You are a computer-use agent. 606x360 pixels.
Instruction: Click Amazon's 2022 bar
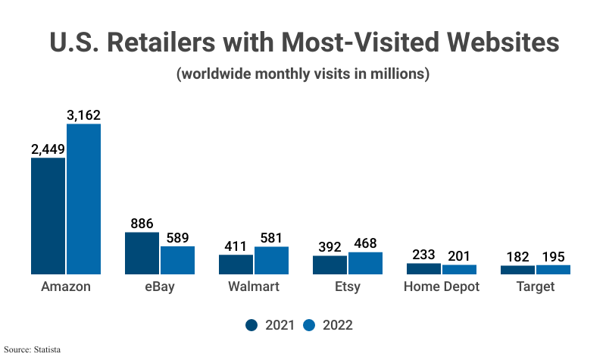(x=83, y=199)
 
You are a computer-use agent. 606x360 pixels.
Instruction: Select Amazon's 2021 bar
(x=48, y=216)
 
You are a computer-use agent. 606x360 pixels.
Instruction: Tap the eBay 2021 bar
(x=142, y=253)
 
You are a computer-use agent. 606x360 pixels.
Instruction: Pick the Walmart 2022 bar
(x=271, y=260)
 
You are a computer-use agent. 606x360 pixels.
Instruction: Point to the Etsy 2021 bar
(x=330, y=265)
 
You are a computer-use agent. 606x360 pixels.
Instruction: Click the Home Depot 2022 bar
(x=459, y=269)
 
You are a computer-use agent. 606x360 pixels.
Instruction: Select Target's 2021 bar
(x=517, y=270)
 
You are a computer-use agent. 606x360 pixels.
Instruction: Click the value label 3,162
(x=83, y=116)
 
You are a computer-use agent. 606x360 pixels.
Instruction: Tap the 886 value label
(x=142, y=224)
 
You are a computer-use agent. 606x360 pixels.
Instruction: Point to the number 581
(x=271, y=238)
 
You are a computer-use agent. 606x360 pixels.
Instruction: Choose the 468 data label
(x=365, y=243)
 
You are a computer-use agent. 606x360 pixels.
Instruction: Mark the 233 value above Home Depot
(x=423, y=255)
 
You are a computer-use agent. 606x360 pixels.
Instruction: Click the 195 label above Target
(x=553, y=257)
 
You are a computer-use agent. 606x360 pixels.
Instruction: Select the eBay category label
(x=160, y=287)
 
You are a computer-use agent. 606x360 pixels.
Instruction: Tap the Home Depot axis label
(x=442, y=287)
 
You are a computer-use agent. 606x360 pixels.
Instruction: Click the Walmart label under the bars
(x=254, y=287)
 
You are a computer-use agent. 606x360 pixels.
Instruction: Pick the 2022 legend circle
(x=310, y=325)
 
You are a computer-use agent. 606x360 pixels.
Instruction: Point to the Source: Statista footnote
(x=32, y=349)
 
